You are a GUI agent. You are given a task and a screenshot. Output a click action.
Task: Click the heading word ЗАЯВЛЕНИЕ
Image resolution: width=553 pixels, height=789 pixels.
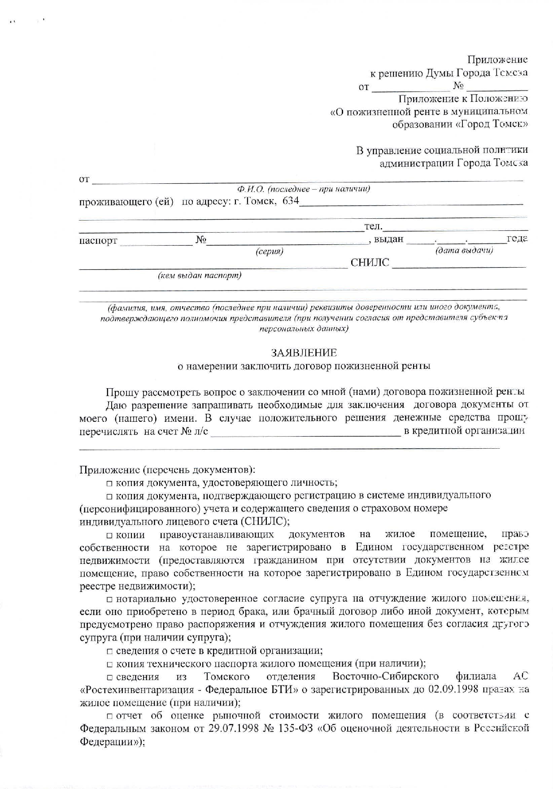(x=303, y=353)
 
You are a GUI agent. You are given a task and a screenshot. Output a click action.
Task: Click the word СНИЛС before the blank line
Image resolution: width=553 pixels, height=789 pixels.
(x=370, y=263)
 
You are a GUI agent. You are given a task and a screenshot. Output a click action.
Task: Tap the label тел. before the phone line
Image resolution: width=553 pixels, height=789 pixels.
(x=373, y=226)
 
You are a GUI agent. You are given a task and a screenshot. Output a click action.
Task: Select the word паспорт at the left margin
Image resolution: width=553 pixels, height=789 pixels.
(x=98, y=241)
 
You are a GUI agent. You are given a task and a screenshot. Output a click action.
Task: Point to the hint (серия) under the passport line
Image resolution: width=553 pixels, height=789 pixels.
(x=269, y=251)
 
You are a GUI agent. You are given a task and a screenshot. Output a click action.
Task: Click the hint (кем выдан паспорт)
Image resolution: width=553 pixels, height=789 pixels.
(x=199, y=275)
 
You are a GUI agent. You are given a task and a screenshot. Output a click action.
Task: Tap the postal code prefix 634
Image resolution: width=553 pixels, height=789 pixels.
(x=290, y=201)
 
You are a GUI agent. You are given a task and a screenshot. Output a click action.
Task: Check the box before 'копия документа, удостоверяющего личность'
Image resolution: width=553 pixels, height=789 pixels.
(x=109, y=483)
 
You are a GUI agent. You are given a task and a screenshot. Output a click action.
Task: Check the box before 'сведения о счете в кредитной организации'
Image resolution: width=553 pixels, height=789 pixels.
(x=109, y=651)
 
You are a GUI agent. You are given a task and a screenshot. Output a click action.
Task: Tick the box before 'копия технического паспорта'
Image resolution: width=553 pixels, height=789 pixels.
(x=109, y=664)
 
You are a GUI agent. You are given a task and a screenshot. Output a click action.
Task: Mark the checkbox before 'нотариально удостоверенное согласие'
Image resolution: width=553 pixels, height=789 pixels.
(x=109, y=599)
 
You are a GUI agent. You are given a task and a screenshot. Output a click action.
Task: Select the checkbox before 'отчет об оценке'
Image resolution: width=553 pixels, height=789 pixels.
(x=109, y=716)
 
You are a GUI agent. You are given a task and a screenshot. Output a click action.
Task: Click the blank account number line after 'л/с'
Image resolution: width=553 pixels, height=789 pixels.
(x=305, y=433)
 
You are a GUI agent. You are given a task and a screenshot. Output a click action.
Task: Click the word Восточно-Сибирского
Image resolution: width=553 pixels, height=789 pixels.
(x=385, y=676)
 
